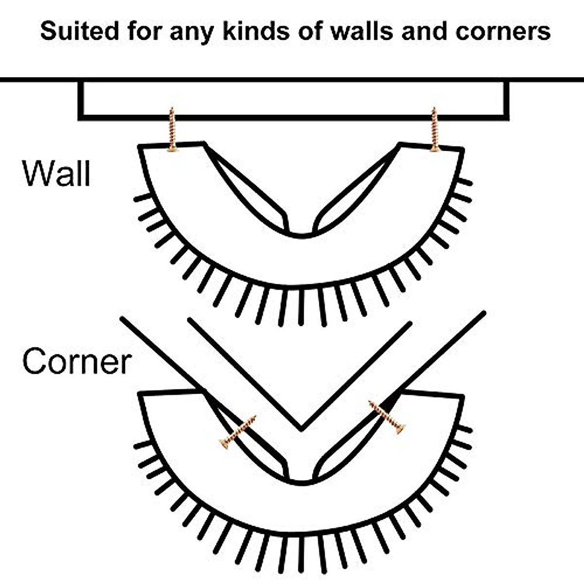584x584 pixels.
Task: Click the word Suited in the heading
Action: pyautogui.click(x=79, y=31)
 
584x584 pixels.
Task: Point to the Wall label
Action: pyautogui.click(x=56, y=173)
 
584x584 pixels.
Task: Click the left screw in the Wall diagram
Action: pyautogui.click(x=172, y=130)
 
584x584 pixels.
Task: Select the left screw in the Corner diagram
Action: pyautogui.click(x=238, y=432)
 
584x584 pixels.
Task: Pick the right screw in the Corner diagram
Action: pyautogui.click(x=387, y=417)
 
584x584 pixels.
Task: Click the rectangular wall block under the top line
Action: pyautogui.click(x=293, y=99)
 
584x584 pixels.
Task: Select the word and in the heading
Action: pyautogui.click(x=425, y=31)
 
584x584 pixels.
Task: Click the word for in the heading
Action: pyautogui.click(x=145, y=31)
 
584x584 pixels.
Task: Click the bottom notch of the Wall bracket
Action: pyautogui.click(x=301, y=233)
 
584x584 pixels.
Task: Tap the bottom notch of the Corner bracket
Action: pyautogui.click(x=301, y=480)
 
